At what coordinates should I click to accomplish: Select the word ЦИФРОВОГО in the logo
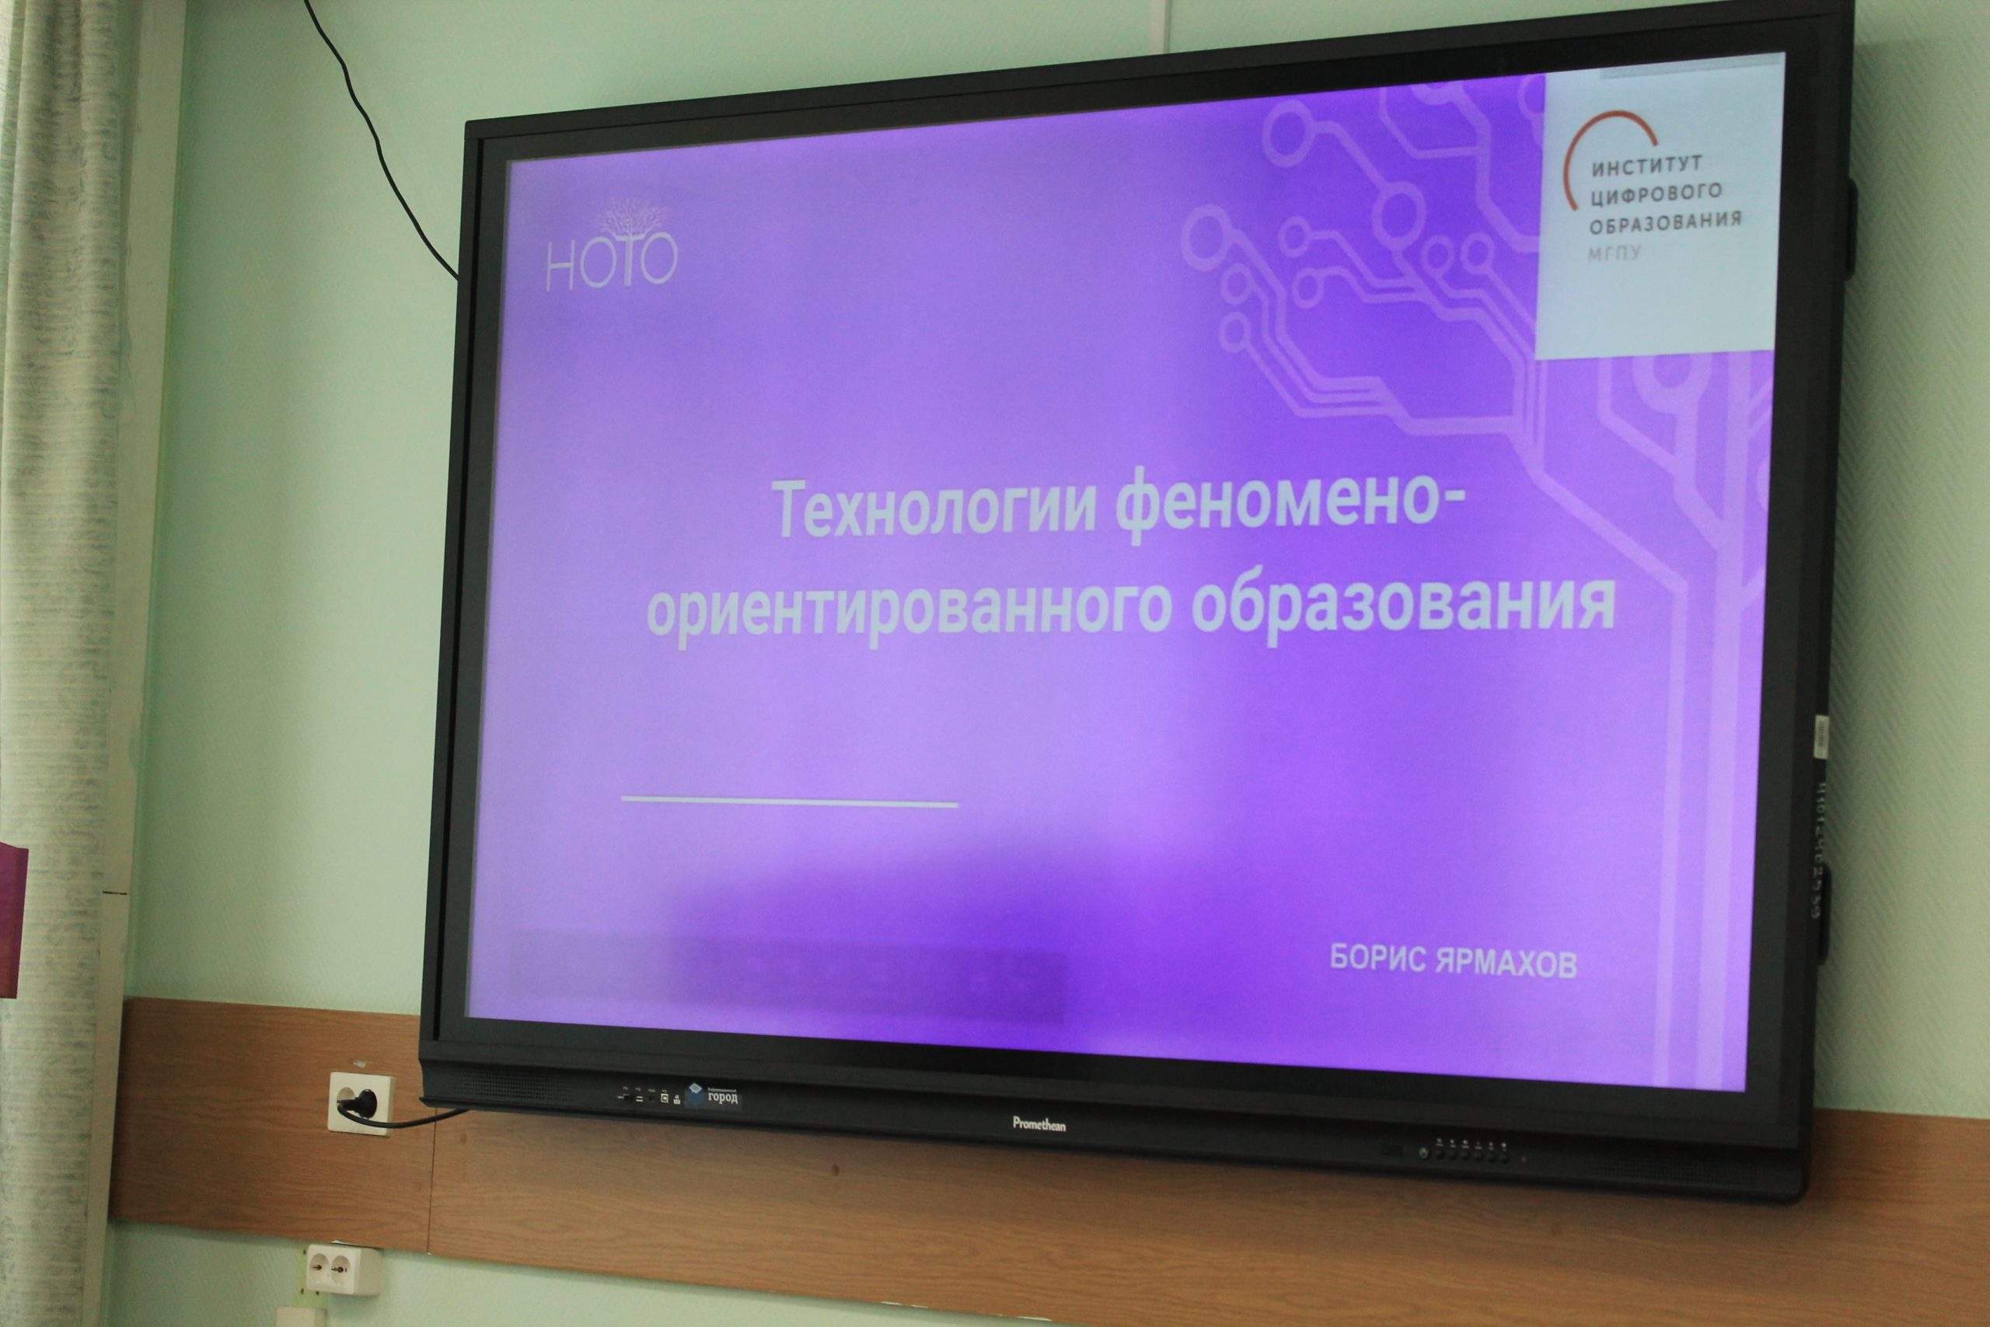coord(1656,194)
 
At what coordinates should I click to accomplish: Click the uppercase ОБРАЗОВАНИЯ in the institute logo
coord(1664,222)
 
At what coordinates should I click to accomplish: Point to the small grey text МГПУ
coord(1614,252)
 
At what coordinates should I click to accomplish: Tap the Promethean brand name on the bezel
coord(1039,1124)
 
